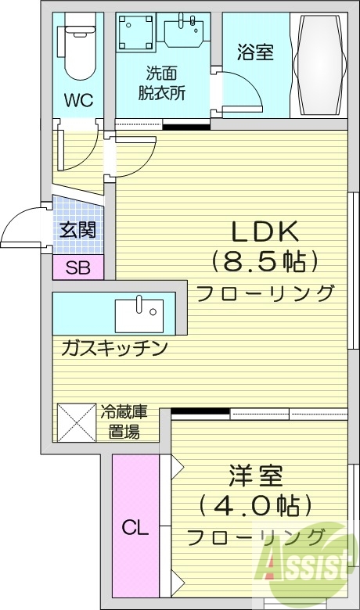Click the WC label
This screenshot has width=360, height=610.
[78, 100]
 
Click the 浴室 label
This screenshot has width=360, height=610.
[255, 53]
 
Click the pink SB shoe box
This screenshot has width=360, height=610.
[77, 267]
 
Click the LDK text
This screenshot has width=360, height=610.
[263, 231]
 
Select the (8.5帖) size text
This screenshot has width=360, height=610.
[264, 261]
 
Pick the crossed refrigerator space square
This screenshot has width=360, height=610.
[76, 423]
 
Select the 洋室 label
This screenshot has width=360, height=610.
[256, 475]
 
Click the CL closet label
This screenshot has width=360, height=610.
[135, 527]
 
